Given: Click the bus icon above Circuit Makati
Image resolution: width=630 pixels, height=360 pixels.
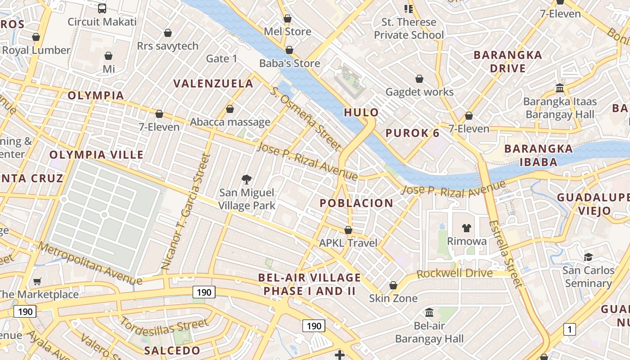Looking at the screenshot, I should click(102, 8).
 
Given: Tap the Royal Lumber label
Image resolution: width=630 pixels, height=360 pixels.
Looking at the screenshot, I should click(36, 50).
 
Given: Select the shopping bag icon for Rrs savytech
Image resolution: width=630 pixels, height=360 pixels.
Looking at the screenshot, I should click(168, 33).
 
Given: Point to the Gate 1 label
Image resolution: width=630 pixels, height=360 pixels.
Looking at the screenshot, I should click(221, 58).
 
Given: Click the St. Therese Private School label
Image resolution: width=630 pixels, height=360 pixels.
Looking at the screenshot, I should click(409, 28).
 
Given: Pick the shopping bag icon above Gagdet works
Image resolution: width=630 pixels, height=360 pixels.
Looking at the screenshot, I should click(419, 79).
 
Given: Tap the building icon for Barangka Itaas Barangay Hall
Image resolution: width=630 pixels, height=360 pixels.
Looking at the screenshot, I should click(560, 88).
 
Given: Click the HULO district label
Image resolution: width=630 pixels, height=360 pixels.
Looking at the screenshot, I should click(361, 112).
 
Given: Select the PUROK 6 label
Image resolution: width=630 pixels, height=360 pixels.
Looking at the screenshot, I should click(413, 133).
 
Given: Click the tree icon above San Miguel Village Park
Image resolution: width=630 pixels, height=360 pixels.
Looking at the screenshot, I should click(247, 180).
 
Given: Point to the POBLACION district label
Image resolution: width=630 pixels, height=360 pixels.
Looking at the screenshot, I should click(356, 203).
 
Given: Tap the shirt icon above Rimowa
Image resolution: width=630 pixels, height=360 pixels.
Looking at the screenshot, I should click(467, 229).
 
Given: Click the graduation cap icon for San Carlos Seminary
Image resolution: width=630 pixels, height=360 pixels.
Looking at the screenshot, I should click(588, 257).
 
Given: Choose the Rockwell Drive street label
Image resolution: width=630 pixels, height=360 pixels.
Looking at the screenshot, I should click(454, 274).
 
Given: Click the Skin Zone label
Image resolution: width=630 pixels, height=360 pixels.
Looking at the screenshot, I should click(393, 298).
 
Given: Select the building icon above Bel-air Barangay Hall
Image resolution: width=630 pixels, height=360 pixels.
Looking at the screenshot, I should click(429, 312).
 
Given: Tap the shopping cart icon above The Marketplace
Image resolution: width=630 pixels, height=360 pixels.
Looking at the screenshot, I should click(37, 282).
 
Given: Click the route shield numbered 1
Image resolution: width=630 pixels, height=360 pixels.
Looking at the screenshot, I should click(569, 330).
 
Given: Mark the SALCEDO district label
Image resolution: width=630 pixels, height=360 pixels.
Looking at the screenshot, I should click(172, 351).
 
